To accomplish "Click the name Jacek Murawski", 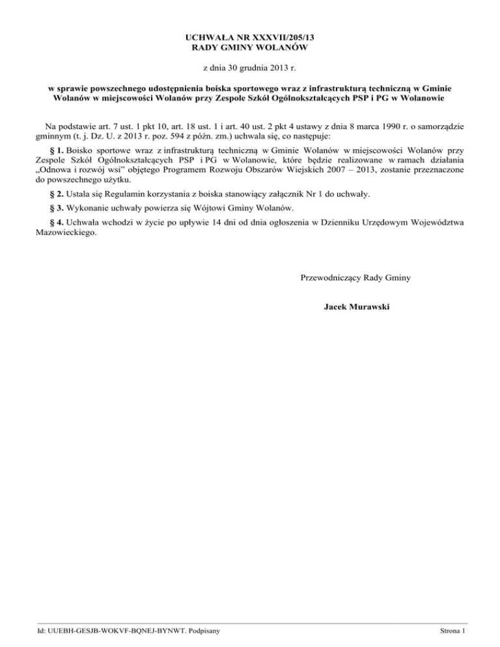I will [x=356, y=305].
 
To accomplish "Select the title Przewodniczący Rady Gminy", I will [x=355, y=278].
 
